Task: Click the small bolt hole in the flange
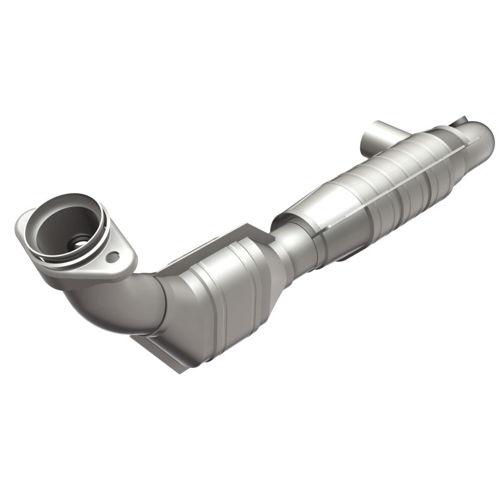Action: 112,257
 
